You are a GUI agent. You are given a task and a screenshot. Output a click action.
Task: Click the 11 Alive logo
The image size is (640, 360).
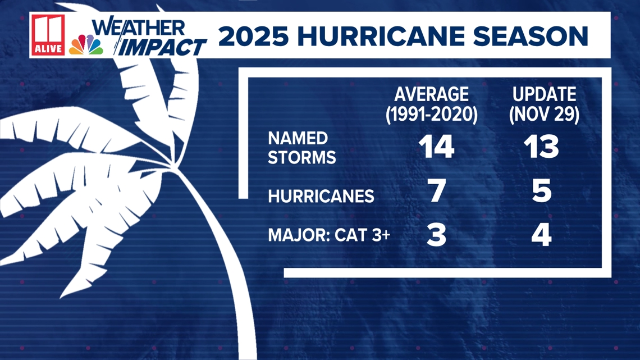pyautogui.click(x=48, y=35)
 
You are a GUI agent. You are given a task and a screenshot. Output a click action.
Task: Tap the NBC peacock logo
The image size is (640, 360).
pyautogui.click(x=86, y=45)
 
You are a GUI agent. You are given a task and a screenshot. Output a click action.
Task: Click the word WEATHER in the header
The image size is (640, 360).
pyautogui.click(x=139, y=28)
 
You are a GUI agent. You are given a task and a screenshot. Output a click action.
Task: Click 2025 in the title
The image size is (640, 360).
pyautogui.click(x=253, y=36)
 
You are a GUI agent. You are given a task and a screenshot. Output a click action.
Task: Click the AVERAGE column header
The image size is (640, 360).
pyautogui.click(x=431, y=94)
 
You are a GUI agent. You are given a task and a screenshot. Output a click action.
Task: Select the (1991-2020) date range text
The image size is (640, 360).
pyautogui.click(x=431, y=114)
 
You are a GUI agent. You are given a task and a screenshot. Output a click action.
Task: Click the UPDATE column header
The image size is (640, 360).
pyautogui.click(x=545, y=94)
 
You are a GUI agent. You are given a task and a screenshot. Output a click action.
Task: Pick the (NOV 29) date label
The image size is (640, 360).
pyautogui.click(x=545, y=114)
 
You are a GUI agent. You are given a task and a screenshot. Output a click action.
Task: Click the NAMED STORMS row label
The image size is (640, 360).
pyautogui.click(x=301, y=148)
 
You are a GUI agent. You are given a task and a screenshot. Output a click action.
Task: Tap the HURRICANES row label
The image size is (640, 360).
pyautogui.click(x=321, y=197)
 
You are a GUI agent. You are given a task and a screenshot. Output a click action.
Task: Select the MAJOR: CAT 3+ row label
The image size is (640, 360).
pyautogui.click(x=329, y=235)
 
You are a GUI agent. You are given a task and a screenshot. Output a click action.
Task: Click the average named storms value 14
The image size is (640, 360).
pyautogui.click(x=436, y=147)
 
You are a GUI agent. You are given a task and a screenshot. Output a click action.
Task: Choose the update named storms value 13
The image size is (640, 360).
pyautogui.click(x=541, y=147)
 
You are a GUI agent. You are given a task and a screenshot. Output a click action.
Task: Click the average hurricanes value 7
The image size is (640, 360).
pyautogui.click(x=437, y=190)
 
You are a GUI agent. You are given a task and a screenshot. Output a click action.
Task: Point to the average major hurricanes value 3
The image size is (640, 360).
pyautogui.click(x=436, y=235)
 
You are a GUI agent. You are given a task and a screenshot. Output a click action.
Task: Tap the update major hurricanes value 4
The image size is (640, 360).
pyautogui.click(x=542, y=235)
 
